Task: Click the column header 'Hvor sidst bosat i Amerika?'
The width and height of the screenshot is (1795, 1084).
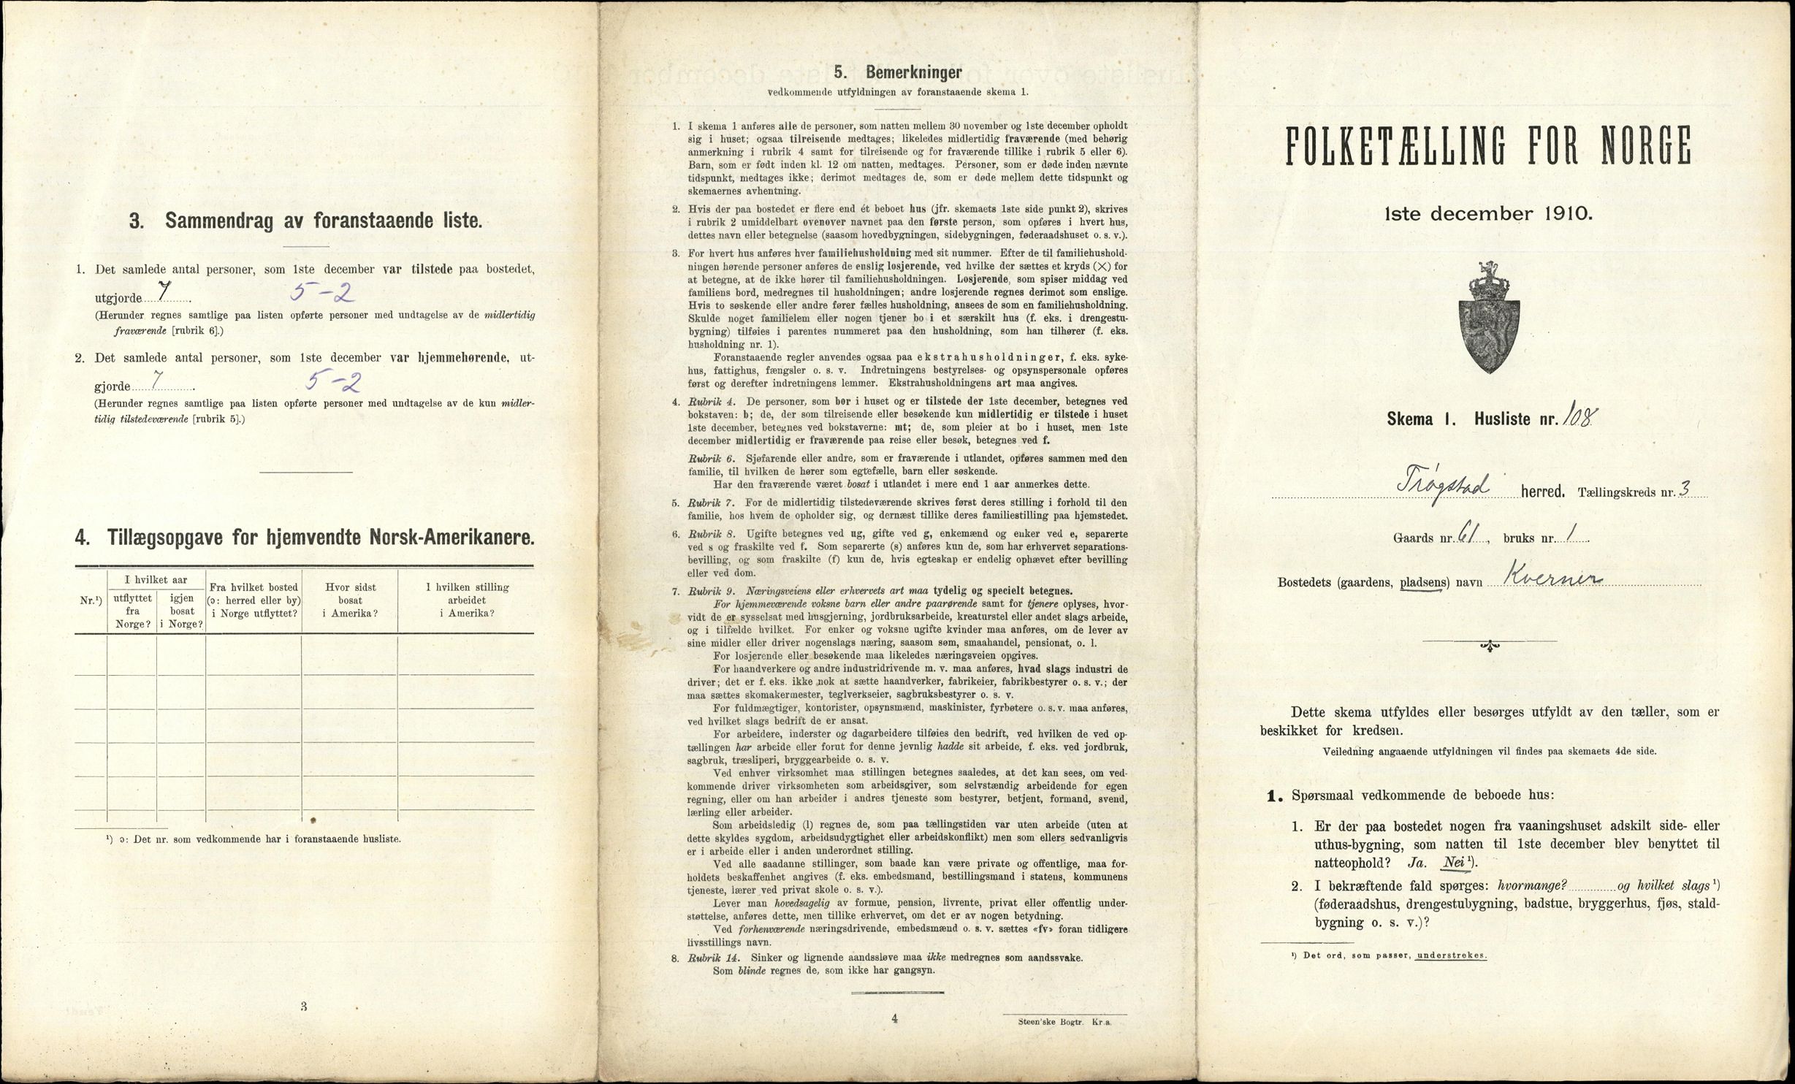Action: (x=350, y=600)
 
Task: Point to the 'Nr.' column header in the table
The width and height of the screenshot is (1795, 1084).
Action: (x=90, y=601)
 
